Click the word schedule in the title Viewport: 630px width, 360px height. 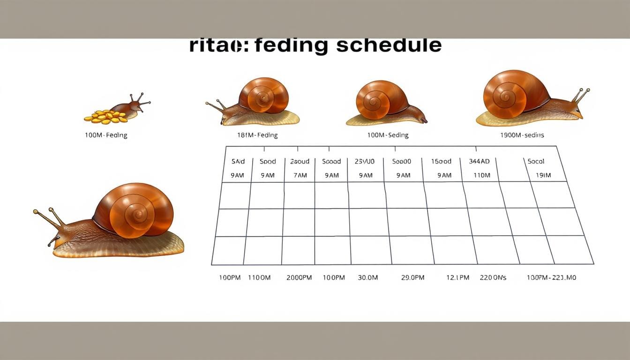pyautogui.click(x=389, y=45)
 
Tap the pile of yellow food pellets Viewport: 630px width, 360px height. pyautogui.click(x=106, y=117)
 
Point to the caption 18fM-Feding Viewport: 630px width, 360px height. pyautogui.click(x=257, y=135)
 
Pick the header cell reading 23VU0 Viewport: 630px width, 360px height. pyautogui.click(x=364, y=161)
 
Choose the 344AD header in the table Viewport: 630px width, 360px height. pyautogui.click(x=479, y=161)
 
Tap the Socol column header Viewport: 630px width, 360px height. pyautogui.click(x=536, y=161)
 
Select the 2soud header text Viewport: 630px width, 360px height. pyautogui.click(x=300, y=161)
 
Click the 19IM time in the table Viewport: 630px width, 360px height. pyautogui.click(x=543, y=175)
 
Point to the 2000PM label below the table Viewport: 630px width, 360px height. pyautogui.click(x=299, y=277)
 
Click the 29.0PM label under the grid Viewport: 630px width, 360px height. pyautogui.click(x=412, y=277)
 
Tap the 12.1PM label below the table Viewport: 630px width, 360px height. pyautogui.click(x=457, y=277)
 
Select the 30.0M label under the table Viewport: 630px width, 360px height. pyautogui.click(x=368, y=277)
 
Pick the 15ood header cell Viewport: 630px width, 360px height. pyautogui.click(x=441, y=161)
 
